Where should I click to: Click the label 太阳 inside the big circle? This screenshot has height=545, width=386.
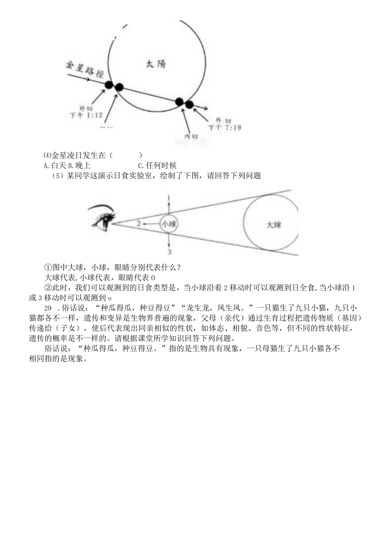click(x=156, y=64)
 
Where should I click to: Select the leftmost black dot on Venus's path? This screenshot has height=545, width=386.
click(x=109, y=85)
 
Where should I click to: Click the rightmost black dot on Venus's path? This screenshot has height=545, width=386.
click(x=189, y=104)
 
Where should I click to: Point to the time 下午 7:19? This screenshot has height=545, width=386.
click(x=225, y=128)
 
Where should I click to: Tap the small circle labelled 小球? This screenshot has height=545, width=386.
click(x=169, y=224)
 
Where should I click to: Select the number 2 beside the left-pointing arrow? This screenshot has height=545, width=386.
click(x=138, y=224)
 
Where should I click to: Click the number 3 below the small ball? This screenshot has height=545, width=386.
click(x=169, y=252)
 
